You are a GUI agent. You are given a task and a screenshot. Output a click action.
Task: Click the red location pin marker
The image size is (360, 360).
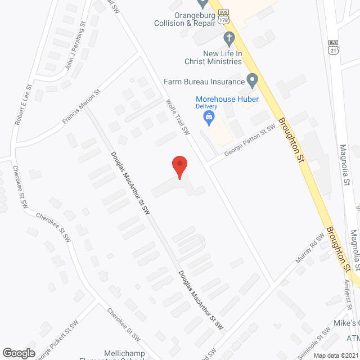pyautogui.click(x=179, y=166)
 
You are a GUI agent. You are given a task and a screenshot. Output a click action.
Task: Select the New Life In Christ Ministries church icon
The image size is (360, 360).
pyautogui.click(x=228, y=38)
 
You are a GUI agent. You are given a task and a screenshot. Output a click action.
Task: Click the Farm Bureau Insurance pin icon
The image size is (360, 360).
pyautogui.click(x=253, y=80)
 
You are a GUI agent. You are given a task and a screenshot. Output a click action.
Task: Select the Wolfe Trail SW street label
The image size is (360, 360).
pyautogui.click(x=179, y=117)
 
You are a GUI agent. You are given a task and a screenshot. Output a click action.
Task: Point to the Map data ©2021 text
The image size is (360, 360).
pyautogui.click(x=336, y=355)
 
